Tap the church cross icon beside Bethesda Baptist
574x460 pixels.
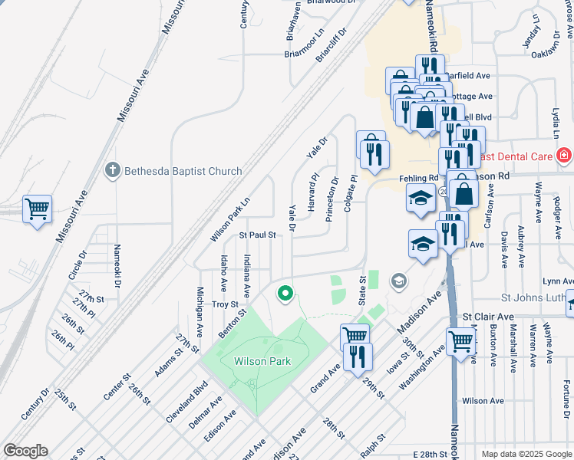pyautogui.click(x=113, y=170)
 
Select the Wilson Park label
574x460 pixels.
pyautogui.click(x=262, y=361)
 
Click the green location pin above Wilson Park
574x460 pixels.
pyautogui.click(x=285, y=293)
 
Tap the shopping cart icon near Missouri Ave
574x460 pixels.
pyautogui.click(x=37, y=208)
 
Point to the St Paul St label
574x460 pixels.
pyautogui.click(x=257, y=235)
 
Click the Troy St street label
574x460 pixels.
pyautogui.click(x=225, y=304)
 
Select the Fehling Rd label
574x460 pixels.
pyautogui.click(x=417, y=178)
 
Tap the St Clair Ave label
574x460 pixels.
pyautogui.click(x=487, y=317)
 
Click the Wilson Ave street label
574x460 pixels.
pyautogui.click(x=483, y=401)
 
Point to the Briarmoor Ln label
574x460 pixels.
pyautogui.click(x=305, y=53)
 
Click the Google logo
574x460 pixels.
pyautogui.click(x=25, y=451)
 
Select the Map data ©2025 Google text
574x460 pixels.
pyautogui.click(x=526, y=454)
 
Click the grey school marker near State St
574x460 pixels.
pyautogui.click(x=398, y=281)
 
